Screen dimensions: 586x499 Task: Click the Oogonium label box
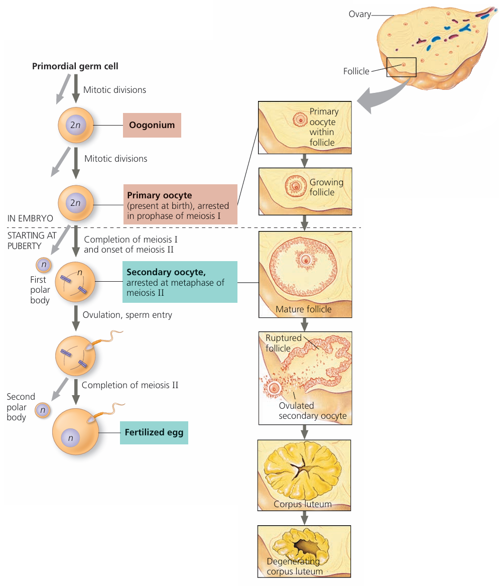point(152,125)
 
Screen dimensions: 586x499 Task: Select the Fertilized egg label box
point(154,432)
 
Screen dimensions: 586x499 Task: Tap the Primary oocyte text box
point(180,204)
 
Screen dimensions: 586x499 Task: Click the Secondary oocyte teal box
point(180,282)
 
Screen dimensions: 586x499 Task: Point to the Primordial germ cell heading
point(75,66)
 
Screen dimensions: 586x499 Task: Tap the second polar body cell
point(43,410)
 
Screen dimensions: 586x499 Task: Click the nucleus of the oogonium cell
point(75,125)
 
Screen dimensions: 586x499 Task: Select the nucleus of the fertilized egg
point(71,438)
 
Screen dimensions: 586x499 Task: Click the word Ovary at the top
point(359,14)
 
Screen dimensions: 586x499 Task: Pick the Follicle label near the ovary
point(356,71)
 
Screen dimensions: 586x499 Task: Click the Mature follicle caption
point(303,309)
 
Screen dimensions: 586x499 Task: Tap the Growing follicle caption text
point(326,187)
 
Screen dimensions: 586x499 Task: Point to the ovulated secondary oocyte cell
point(275,388)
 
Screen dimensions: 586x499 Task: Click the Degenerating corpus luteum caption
point(294,566)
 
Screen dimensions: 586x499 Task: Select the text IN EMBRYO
point(30,219)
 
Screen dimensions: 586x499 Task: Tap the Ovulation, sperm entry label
point(127,315)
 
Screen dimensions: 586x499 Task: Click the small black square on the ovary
point(401,67)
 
